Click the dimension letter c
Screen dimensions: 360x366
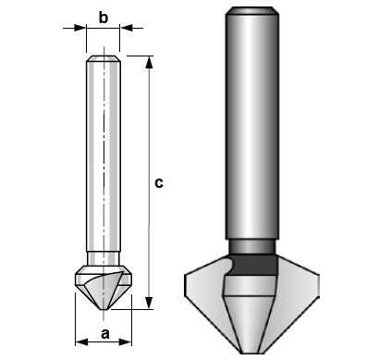pyautogui.click(x=159, y=183)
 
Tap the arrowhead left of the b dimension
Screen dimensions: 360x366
pyautogui.click(x=81, y=29)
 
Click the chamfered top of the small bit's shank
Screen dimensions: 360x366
pyautogui.click(x=104, y=59)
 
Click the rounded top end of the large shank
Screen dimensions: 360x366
pyautogui.click(x=252, y=12)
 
